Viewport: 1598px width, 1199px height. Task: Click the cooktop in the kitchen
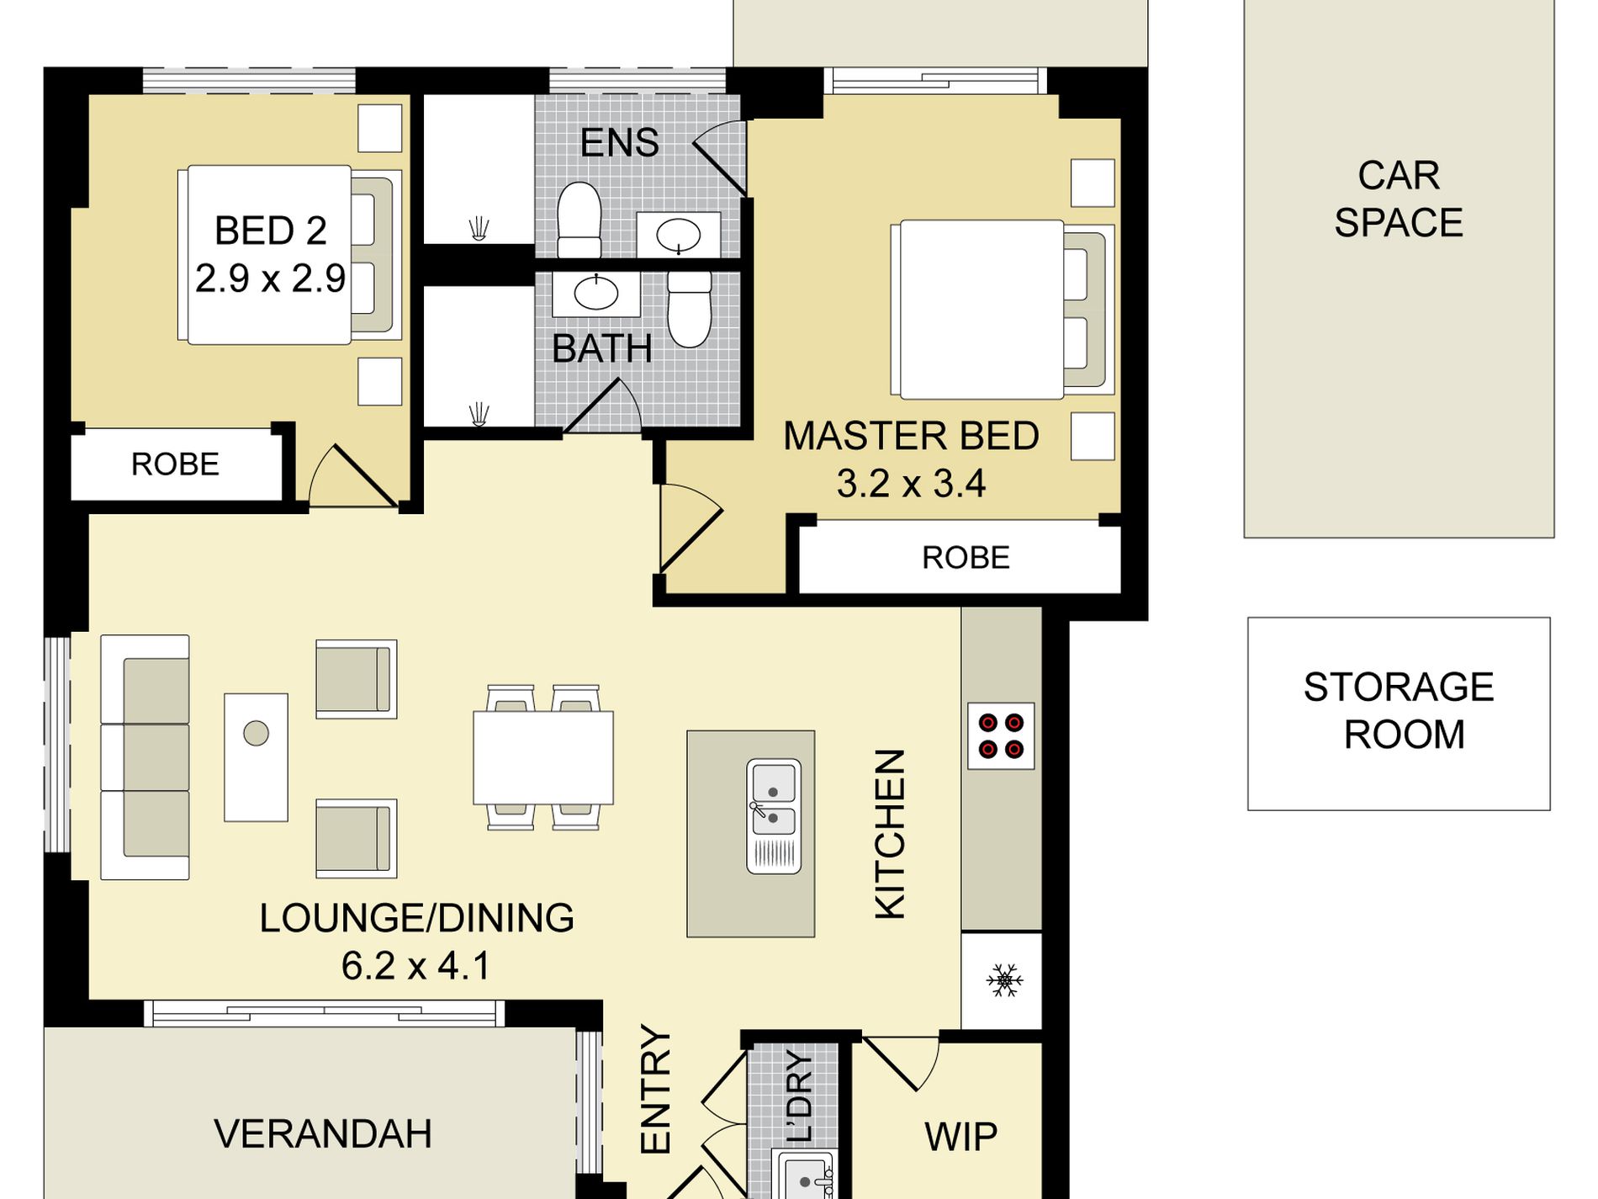coord(1001,736)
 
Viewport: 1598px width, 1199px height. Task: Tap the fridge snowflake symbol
coord(1004,980)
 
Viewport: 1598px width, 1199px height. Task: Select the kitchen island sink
coord(774,816)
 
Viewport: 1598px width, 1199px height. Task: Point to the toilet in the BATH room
coord(690,309)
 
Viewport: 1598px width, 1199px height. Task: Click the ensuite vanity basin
coord(679,235)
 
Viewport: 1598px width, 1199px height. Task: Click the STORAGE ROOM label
coord(1400,711)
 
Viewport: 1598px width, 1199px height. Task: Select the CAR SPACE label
coord(1399,199)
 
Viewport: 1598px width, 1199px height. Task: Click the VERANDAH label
coord(323,1134)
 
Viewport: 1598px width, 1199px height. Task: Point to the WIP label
coord(960,1137)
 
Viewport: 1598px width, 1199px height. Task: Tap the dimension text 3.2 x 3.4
coord(911,484)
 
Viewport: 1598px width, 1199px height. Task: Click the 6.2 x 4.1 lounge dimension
coord(415,966)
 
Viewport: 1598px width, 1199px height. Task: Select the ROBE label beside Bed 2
coord(175,464)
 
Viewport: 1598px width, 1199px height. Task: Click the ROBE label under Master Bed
coord(966,558)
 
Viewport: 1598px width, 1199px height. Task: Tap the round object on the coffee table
coord(257,734)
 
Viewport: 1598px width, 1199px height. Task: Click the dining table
coord(543,757)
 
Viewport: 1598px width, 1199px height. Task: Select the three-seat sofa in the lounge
coord(145,757)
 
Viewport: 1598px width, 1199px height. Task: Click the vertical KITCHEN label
coord(891,835)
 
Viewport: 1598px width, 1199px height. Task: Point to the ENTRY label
coord(655,1089)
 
